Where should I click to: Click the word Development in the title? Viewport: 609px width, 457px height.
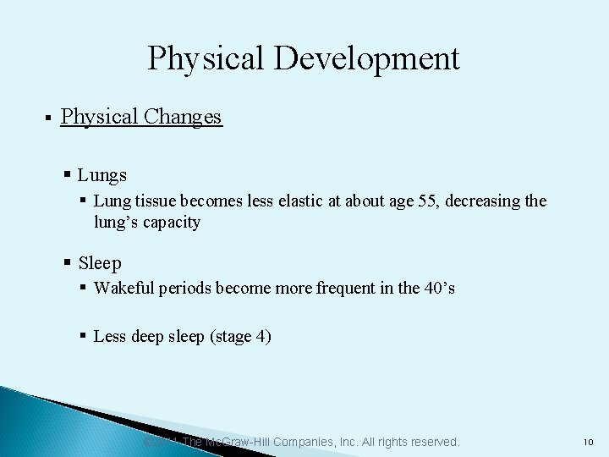pos(365,59)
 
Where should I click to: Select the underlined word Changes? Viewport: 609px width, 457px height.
pos(182,117)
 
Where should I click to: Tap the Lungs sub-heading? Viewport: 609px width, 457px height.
pos(101,175)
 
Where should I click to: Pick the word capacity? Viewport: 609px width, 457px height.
pos(172,223)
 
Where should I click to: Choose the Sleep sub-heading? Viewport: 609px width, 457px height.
pos(100,263)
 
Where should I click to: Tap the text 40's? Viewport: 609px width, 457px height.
pos(439,288)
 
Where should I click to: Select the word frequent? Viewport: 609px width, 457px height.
pos(346,288)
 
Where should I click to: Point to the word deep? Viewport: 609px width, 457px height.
pos(146,337)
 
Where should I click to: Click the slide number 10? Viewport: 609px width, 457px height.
pos(589,443)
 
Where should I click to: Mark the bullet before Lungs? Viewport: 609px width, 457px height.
pos(68,175)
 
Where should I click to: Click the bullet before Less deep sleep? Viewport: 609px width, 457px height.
pos(84,336)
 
